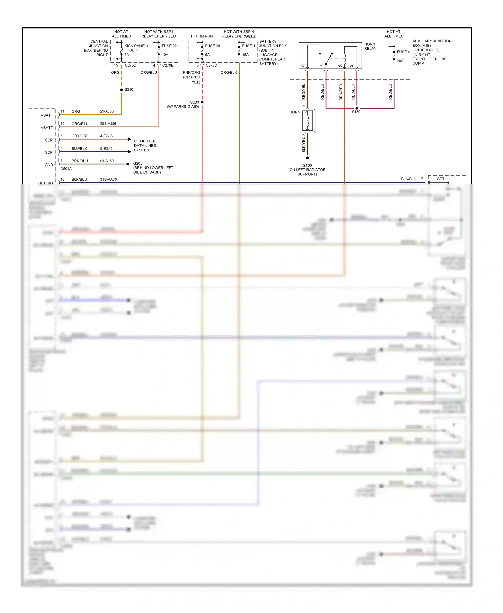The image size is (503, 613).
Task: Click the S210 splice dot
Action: [121, 90]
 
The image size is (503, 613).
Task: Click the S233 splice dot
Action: [202, 102]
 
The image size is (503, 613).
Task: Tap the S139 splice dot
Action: [357, 108]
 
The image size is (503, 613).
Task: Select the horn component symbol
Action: [309, 121]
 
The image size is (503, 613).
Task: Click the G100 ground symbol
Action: [307, 158]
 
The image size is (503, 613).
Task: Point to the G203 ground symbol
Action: [128, 164]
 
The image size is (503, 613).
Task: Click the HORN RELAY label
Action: [370, 46]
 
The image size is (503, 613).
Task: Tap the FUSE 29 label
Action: [212, 46]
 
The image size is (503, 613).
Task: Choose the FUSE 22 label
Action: [169, 46]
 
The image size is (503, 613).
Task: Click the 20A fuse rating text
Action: [400, 61]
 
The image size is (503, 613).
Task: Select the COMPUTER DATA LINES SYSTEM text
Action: [145, 146]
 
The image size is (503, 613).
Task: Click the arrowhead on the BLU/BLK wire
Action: [129, 152]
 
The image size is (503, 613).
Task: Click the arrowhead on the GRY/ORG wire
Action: [129, 139]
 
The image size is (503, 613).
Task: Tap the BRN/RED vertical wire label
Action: [341, 92]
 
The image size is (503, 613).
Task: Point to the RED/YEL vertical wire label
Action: [304, 92]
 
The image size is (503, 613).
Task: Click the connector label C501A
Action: [66, 169]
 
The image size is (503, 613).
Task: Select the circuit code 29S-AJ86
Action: [108, 124]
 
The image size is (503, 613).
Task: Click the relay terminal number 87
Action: [302, 66]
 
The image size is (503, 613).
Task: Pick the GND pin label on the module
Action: [49, 165]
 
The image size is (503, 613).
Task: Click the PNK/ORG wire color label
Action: [191, 73]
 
